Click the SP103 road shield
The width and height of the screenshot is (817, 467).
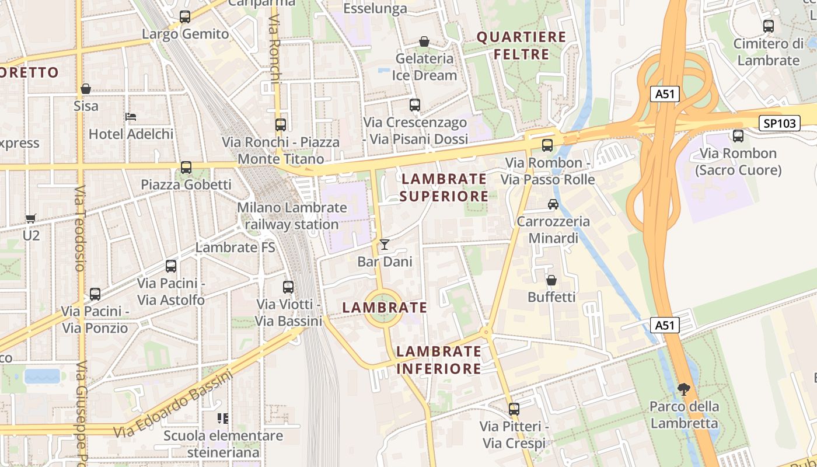(x=779, y=123)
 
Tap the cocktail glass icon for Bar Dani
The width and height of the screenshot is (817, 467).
(x=385, y=245)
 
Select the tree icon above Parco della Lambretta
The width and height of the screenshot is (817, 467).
(x=684, y=389)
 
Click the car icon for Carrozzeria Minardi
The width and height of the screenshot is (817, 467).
(x=553, y=204)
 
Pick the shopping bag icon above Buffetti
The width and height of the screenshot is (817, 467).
(x=551, y=280)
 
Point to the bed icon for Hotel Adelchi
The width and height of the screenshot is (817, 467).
(x=131, y=117)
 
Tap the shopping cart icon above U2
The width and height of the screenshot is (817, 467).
(x=31, y=219)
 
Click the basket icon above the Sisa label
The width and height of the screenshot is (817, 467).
(x=86, y=89)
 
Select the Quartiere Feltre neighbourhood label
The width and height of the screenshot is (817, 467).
(x=521, y=46)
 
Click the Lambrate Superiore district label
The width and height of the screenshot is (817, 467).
(x=444, y=187)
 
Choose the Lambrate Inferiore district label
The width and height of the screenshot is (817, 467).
(x=439, y=360)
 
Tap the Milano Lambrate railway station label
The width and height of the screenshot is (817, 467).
(x=292, y=216)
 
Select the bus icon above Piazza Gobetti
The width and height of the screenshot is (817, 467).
(x=186, y=168)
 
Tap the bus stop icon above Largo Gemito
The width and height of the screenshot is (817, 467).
(x=185, y=17)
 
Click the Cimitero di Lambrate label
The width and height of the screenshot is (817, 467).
(x=768, y=52)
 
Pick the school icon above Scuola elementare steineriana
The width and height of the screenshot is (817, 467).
(x=222, y=418)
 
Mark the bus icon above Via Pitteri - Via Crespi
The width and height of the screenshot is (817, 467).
(x=514, y=409)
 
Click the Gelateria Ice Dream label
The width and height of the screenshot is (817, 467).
(x=424, y=67)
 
